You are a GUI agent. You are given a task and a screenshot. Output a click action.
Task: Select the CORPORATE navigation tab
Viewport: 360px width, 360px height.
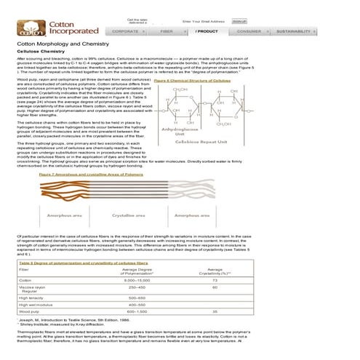[x=126, y=32]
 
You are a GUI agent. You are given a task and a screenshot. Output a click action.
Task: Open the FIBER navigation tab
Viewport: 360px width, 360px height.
[x=166, y=32]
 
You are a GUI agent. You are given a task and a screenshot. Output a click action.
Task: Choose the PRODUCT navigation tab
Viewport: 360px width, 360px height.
[x=207, y=32]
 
